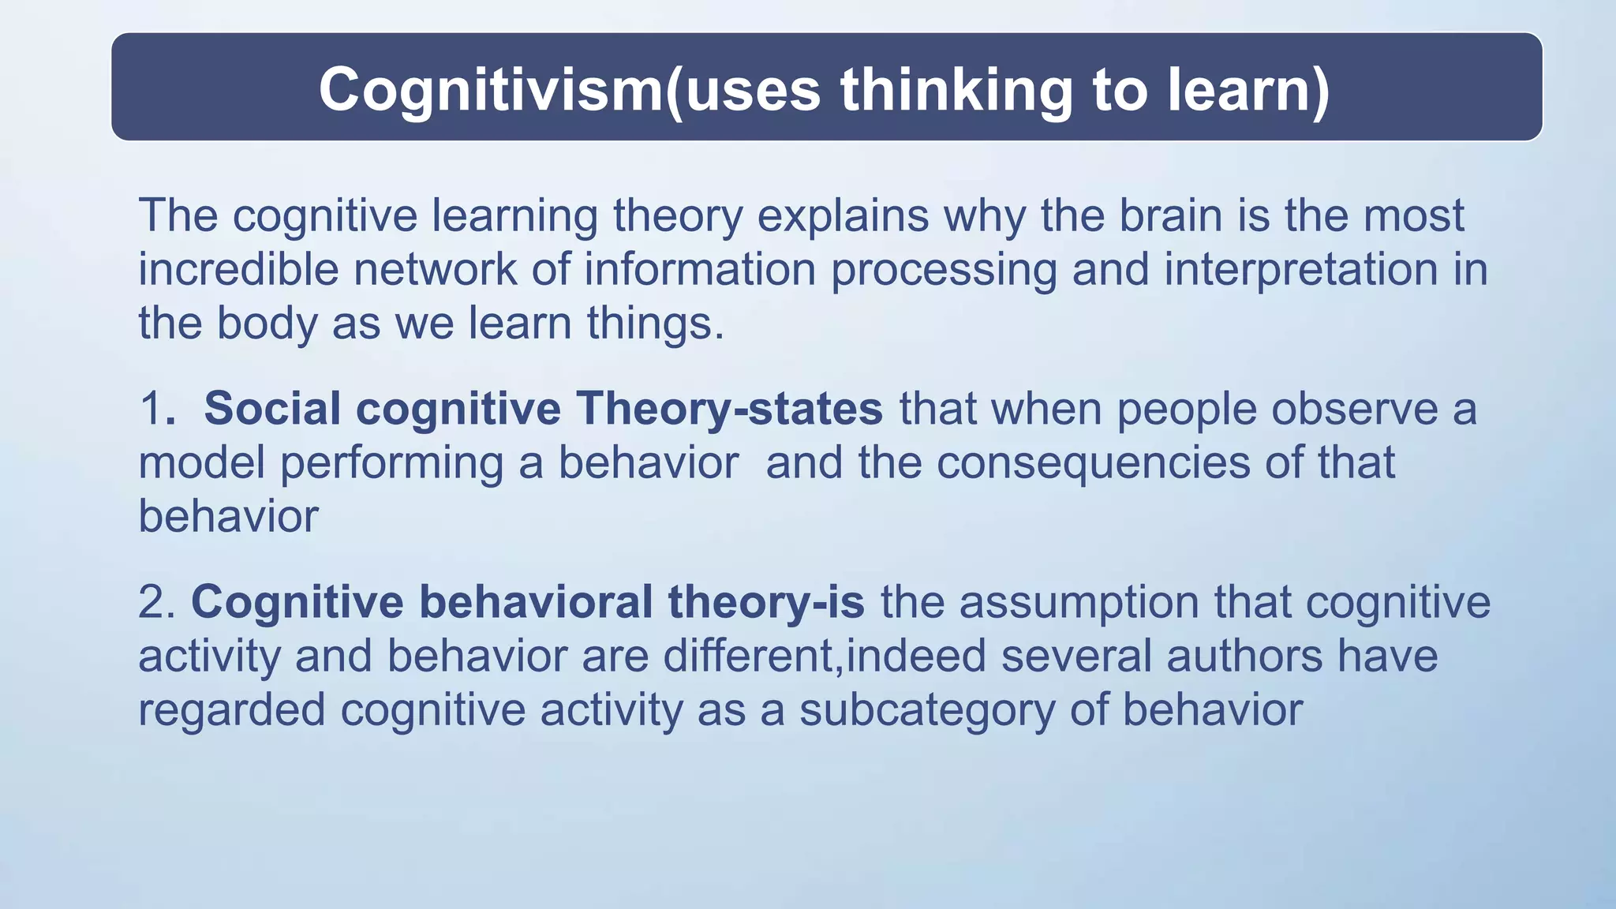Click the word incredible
click(238, 269)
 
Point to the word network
click(434, 269)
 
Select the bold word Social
click(271, 409)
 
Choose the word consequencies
click(1093, 462)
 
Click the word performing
click(391, 462)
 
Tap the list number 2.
click(155, 602)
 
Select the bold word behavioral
click(535, 602)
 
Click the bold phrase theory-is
click(765, 602)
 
